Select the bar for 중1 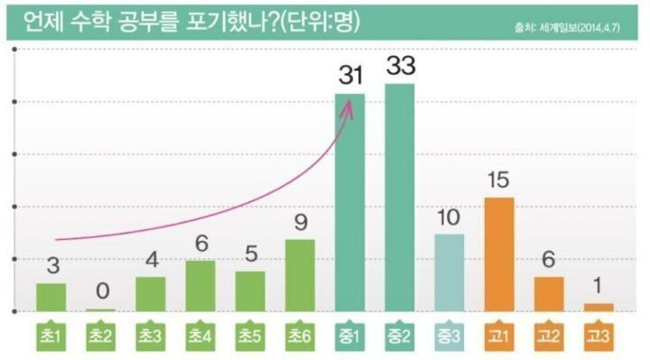[x=349, y=202]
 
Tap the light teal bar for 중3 [x=449, y=272]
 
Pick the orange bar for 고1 [x=498, y=254]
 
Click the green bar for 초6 [x=300, y=275]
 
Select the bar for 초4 [x=200, y=286]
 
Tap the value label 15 [x=498, y=180]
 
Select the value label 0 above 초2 [x=102, y=291]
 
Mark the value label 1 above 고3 [x=598, y=286]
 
